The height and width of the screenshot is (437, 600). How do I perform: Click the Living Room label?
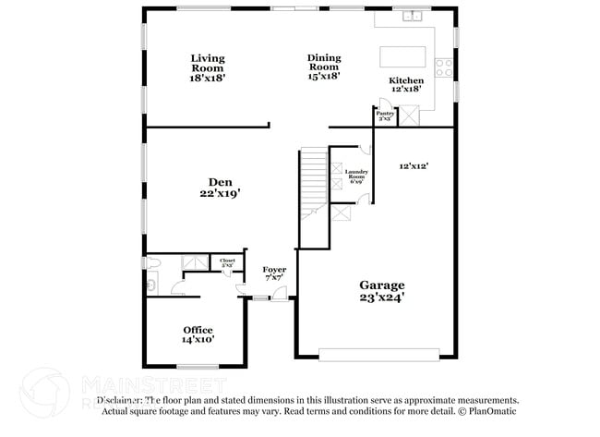coord(208,63)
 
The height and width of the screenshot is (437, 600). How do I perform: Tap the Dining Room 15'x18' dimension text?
coord(324,77)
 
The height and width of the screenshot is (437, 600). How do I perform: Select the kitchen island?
coord(404,56)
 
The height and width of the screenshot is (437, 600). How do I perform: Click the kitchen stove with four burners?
coord(444,67)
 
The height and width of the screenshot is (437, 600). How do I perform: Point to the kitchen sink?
coord(411,16)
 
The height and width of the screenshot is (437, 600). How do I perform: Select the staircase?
coord(314,185)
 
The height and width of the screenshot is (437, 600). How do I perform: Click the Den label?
coord(219,182)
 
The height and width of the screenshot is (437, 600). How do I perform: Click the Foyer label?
coord(273,269)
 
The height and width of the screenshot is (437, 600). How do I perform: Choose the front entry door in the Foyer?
coord(262,297)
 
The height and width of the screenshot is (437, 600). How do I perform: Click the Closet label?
coord(227,261)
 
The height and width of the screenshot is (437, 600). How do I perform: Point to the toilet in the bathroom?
coord(155,264)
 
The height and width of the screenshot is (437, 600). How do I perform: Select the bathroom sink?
coord(151,285)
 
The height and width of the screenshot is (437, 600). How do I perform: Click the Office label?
coord(198,330)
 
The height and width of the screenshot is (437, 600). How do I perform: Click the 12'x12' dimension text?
coord(414,166)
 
